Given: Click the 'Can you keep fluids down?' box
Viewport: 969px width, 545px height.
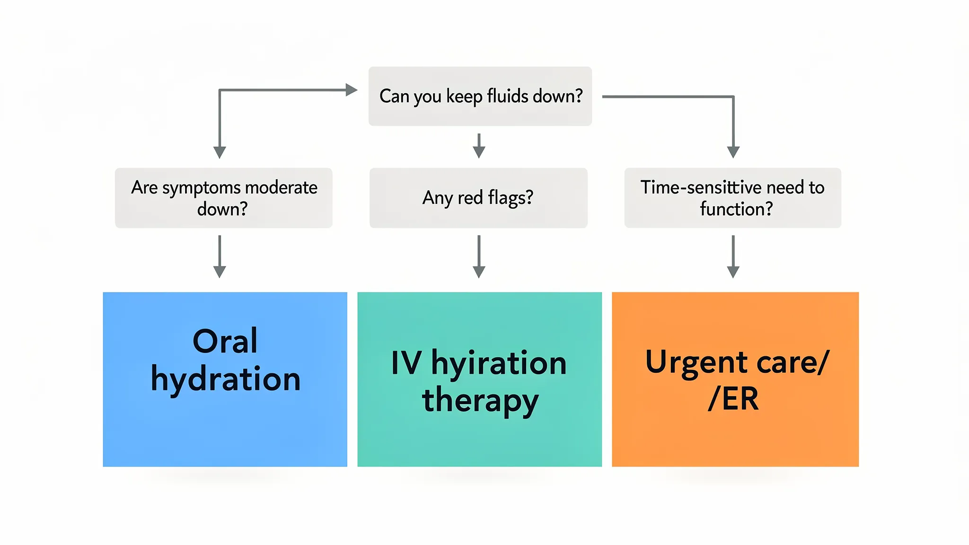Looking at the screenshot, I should [480, 96].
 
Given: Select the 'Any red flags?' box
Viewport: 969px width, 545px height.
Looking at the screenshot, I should [478, 198].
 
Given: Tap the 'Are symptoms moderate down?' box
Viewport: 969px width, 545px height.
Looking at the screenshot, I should [223, 198].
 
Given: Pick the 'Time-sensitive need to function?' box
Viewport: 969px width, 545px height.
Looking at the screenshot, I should [732, 198].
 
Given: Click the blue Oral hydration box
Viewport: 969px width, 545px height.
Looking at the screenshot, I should [225, 426].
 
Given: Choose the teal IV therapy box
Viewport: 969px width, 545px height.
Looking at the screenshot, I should [479, 440].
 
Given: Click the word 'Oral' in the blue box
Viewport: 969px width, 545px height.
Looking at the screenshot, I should [225, 341].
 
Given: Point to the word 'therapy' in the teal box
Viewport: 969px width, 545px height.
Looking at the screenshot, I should [480, 400].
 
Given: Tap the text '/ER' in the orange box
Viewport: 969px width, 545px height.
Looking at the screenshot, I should [733, 399].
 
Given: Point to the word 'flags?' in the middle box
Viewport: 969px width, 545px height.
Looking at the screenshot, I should [511, 198].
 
